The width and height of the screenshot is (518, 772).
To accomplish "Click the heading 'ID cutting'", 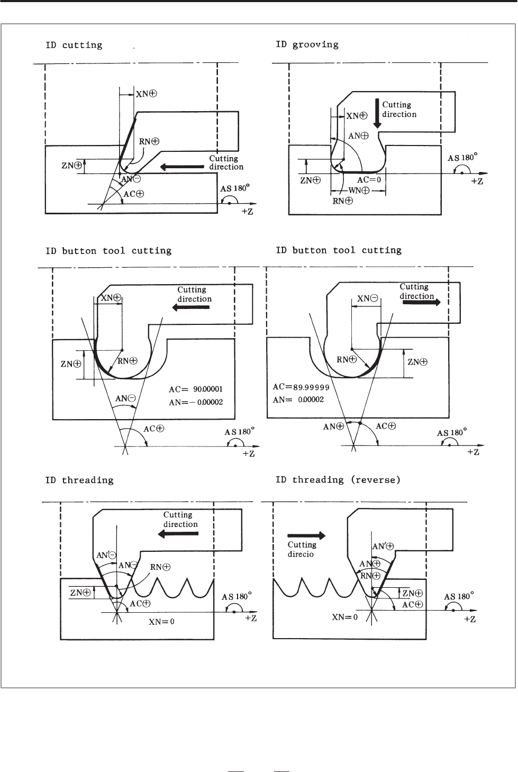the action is coord(74,45).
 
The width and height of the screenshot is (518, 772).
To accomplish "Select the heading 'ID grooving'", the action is coord(307,45).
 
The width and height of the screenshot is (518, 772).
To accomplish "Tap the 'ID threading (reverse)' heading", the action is coord(338,480).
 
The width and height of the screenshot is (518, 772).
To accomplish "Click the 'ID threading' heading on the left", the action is coord(79,480).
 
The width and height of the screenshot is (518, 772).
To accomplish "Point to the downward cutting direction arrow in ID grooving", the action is coord(377,114).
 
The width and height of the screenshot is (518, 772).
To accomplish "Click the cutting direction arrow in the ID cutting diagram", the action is coord(182,167).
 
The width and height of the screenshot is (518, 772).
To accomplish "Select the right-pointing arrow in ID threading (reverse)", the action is coord(306,535).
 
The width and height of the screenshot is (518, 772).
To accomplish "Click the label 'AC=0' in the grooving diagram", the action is coord(369,179).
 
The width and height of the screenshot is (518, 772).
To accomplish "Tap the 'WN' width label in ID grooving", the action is coord(359,190).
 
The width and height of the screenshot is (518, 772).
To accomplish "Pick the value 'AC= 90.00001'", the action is coord(196,389).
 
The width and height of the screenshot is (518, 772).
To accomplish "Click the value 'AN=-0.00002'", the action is coord(196,402).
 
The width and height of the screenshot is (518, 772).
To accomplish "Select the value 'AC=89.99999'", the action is coord(301,387).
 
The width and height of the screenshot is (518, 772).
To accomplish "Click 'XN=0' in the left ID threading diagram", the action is coord(161,622).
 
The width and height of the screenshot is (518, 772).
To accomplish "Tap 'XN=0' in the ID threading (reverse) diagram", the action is coord(344,617).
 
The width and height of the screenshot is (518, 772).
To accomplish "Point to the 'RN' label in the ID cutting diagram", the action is coord(149,141).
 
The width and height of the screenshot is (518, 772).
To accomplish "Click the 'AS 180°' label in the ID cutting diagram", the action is coord(235,188).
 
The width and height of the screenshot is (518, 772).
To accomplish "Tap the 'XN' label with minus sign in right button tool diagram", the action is coord(367,298).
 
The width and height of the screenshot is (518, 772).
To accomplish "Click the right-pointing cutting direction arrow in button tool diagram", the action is coord(422,302).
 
